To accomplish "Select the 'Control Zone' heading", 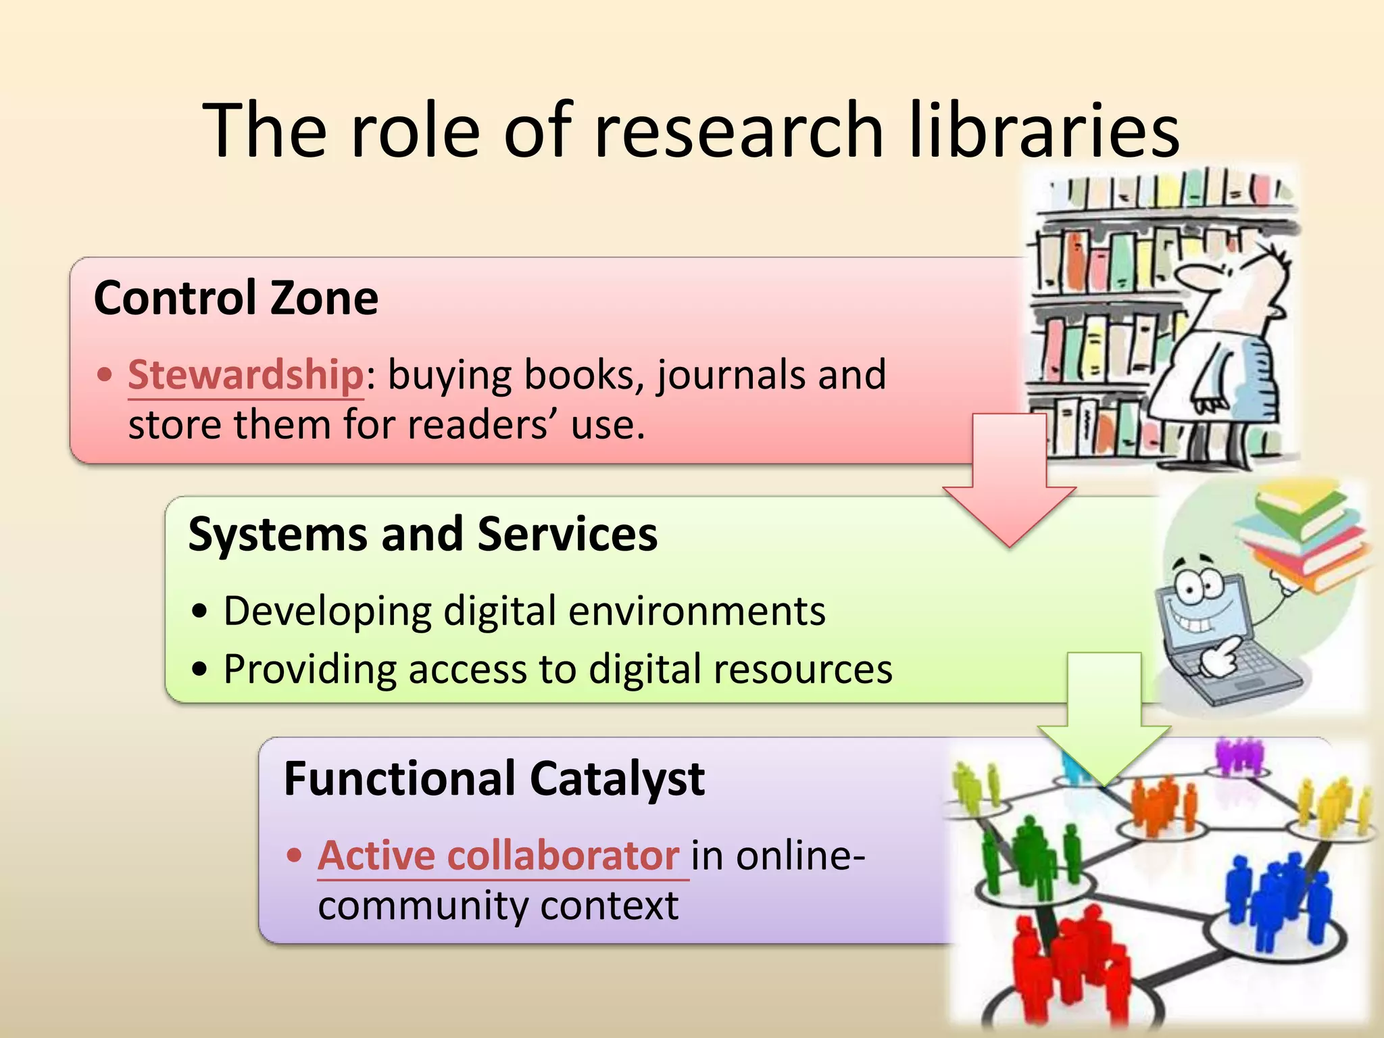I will point(236,298).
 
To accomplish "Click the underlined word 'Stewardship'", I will point(246,375).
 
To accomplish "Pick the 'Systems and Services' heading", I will point(422,534).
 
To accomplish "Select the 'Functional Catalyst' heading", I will point(494,778).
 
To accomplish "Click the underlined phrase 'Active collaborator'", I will point(499,856).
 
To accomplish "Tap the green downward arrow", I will point(1104,723).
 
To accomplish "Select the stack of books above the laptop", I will point(1301,534).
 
